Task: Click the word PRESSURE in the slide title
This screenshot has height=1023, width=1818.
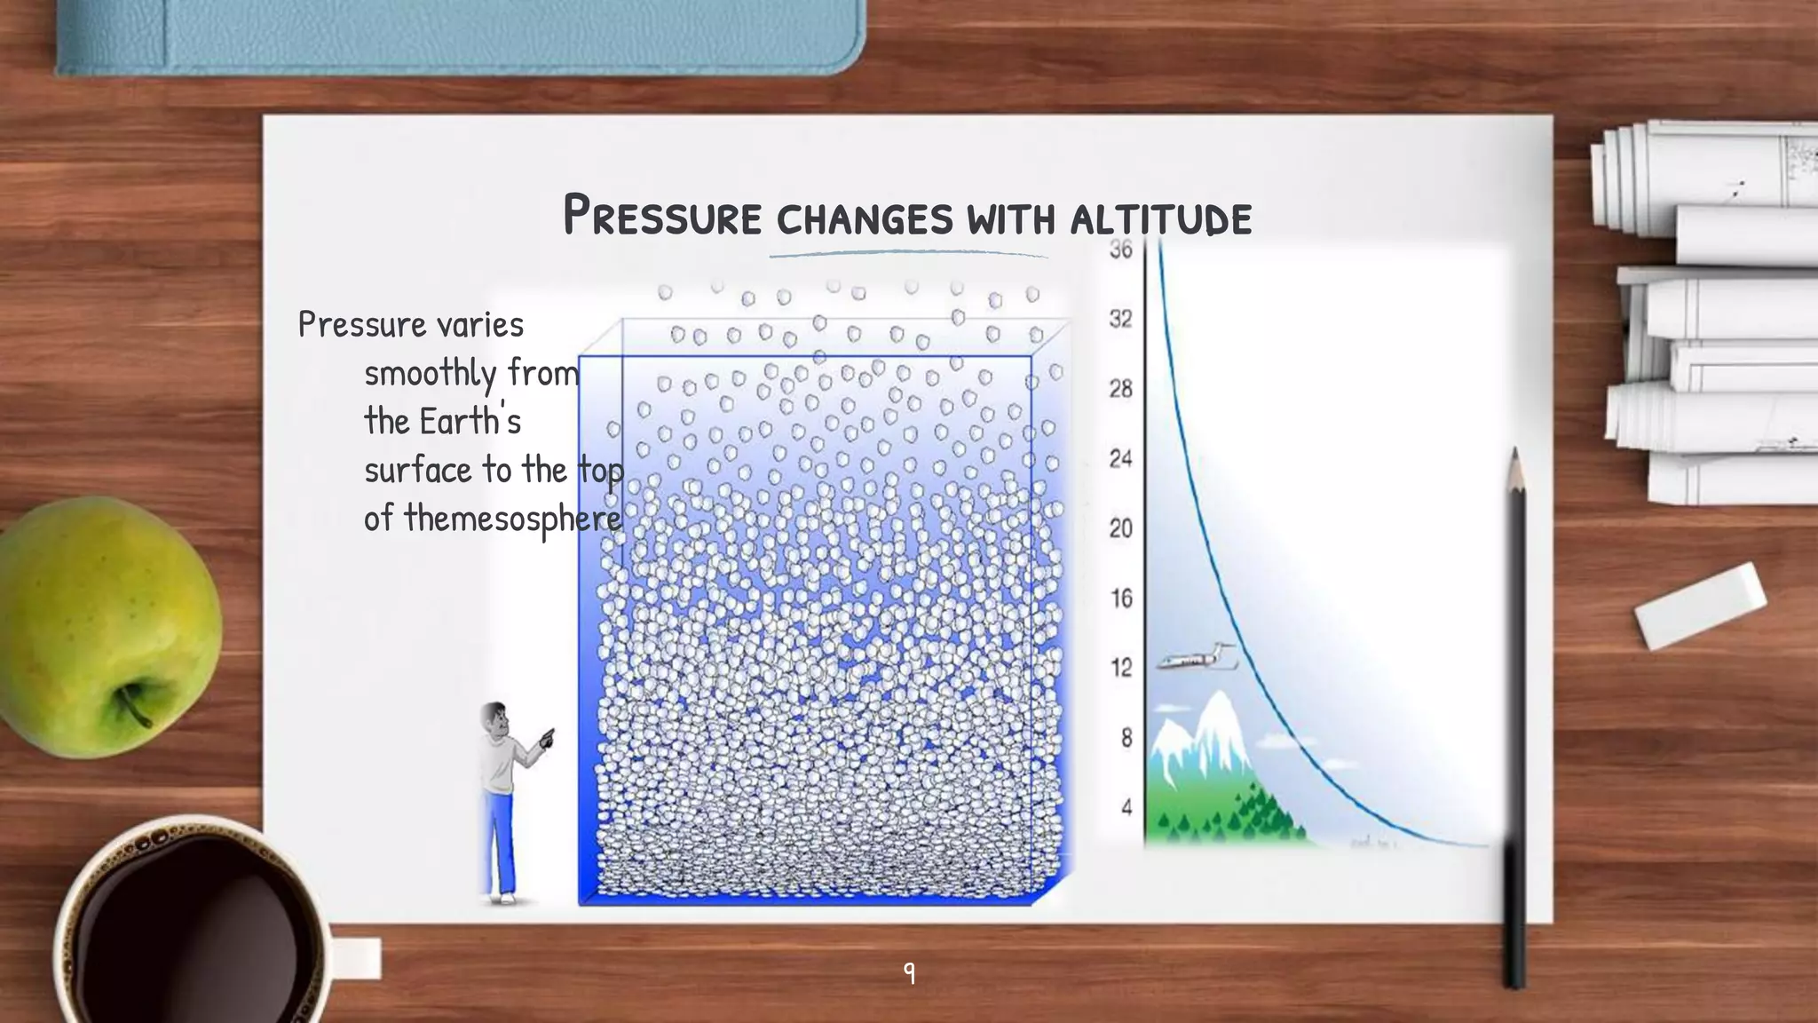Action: [x=662, y=216]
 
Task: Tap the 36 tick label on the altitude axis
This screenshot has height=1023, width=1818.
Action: [x=1121, y=250]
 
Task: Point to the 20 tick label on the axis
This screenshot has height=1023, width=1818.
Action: [x=1121, y=528]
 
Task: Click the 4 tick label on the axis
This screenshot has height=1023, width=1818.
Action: [x=1126, y=807]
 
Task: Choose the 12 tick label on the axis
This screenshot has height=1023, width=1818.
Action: [x=1121, y=668]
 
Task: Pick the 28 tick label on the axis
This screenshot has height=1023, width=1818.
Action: [x=1121, y=389]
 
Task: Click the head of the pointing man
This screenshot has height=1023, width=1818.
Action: [x=494, y=720]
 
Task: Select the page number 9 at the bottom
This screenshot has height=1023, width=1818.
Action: [x=909, y=972]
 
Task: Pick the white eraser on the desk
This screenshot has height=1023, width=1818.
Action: [x=1699, y=606]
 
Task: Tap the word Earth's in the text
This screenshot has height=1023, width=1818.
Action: [x=470, y=421]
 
